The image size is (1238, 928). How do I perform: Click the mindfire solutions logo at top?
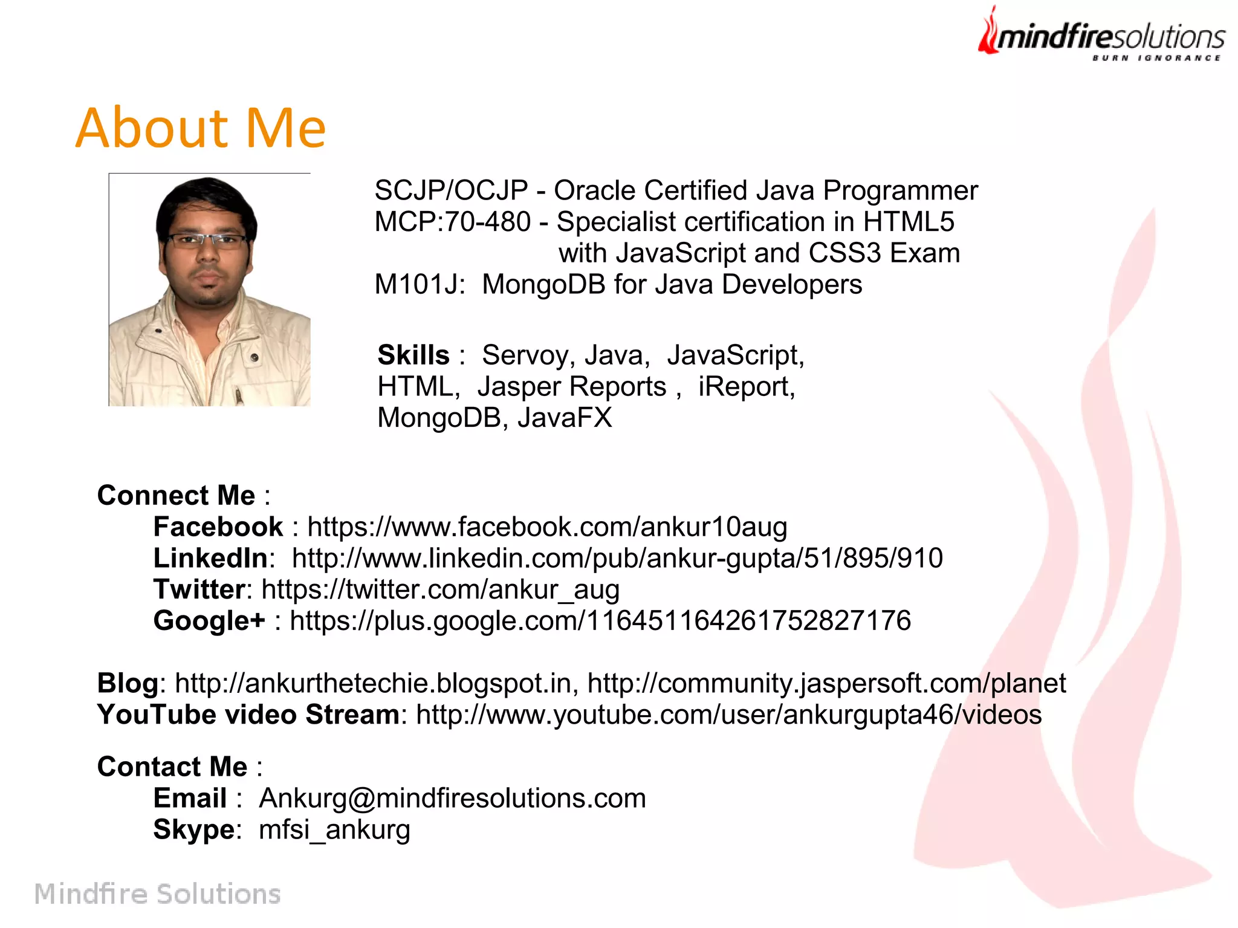click(x=1101, y=35)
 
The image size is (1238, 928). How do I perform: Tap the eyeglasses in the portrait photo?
click(x=207, y=240)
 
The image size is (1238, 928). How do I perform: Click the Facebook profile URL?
click(x=547, y=527)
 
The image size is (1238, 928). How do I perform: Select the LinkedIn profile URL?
click(x=617, y=558)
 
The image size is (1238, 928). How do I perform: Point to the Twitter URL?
click(x=440, y=589)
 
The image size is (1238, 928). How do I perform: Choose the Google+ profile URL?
click(x=600, y=621)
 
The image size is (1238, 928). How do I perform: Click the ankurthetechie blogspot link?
click(x=373, y=683)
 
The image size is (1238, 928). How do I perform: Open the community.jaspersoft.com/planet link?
click(x=826, y=683)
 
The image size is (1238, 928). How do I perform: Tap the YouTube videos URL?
click(x=729, y=715)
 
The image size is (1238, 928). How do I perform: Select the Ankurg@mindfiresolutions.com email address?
click(x=452, y=798)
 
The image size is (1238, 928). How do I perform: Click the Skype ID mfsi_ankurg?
click(x=334, y=829)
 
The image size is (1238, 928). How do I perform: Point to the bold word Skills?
click(x=413, y=355)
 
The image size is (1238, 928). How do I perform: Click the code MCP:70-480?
click(x=452, y=222)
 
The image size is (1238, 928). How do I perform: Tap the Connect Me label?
click(x=177, y=495)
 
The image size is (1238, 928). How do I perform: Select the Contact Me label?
click(x=173, y=767)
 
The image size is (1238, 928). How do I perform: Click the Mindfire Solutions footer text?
click(x=157, y=894)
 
